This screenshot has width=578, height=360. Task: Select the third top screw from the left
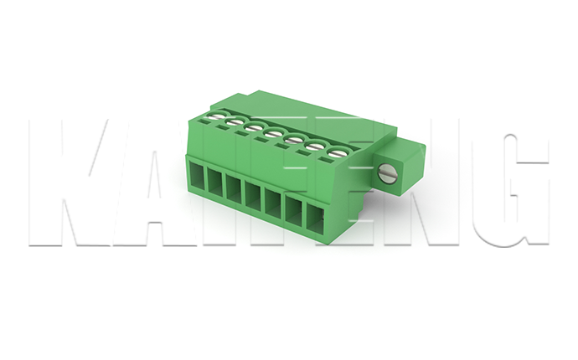253,128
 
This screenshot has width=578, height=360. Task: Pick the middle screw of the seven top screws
273,134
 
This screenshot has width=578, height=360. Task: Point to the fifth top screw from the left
294,141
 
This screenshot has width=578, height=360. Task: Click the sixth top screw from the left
314,147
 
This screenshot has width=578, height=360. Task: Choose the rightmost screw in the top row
337,152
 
